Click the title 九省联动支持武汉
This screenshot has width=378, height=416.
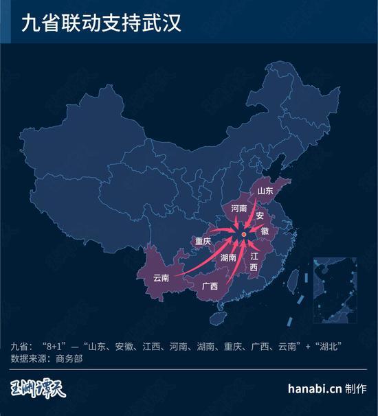[101, 25]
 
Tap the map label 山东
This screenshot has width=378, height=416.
[265, 190]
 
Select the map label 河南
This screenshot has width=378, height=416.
[239, 207]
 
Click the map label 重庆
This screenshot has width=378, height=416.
[202, 241]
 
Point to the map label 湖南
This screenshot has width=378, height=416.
[229, 258]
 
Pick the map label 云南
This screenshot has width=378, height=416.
[161, 278]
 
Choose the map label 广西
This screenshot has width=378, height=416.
[209, 286]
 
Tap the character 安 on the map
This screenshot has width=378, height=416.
[260, 216]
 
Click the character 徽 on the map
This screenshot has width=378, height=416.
[265, 231]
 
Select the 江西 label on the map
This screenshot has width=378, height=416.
[254, 262]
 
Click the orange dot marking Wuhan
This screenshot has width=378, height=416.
[243, 235]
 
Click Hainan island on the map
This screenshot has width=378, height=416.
[218, 319]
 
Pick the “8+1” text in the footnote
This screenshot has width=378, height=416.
[55, 345]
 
